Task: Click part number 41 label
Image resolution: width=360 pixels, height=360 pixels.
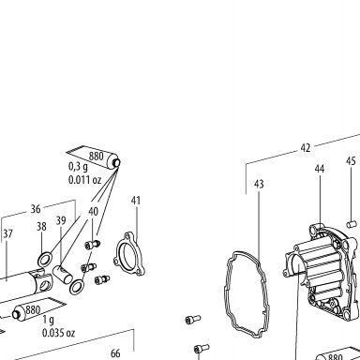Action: click(x=136, y=201)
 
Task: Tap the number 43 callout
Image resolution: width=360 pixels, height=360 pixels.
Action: click(x=259, y=184)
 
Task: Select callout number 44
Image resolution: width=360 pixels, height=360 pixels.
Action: click(x=320, y=169)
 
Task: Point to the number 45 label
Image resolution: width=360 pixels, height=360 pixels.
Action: click(x=351, y=161)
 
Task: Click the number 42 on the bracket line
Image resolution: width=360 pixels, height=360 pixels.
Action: click(x=306, y=148)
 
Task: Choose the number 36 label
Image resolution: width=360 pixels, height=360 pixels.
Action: click(x=36, y=209)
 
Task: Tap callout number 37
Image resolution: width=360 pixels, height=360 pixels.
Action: click(x=7, y=233)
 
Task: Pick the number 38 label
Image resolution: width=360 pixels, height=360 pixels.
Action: click(x=41, y=227)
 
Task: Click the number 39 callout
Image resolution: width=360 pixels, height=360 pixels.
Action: click(x=61, y=220)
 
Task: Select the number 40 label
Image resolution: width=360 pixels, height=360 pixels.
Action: click(x=93, y=212)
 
